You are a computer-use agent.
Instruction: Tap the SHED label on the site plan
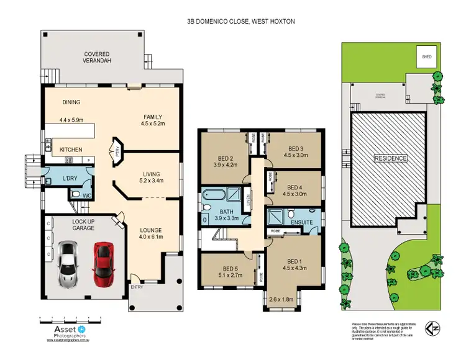(426, 56)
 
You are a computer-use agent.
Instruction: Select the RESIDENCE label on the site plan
(390, 158)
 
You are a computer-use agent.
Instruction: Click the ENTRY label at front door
(135, 286)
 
